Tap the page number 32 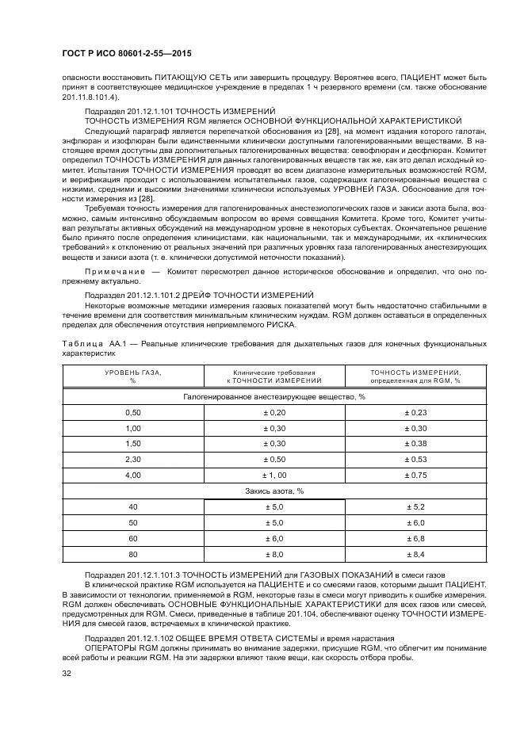tap(67, 674)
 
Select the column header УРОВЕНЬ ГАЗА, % tap(133, 376)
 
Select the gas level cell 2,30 tap(133, 459)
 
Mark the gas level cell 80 tap(133, 554)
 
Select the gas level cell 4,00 tap(133, 475)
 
